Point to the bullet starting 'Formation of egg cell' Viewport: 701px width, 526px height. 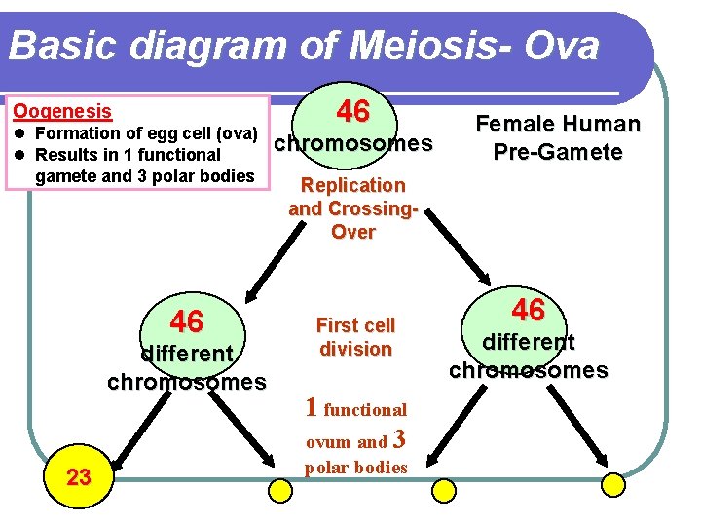coord(144,133)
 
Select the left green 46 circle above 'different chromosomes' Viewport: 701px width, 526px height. coord(186,321)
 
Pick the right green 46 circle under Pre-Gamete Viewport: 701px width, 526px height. coord(528,311)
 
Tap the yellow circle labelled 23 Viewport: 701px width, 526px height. coord(78,476)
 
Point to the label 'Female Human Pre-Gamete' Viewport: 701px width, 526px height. coord(557,137)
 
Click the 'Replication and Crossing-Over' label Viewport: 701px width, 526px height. coord(352,207)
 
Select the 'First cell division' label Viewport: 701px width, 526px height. coord(355,336)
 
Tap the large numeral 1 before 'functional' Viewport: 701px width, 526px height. coord(311,407)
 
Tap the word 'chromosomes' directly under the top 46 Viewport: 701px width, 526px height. coord(352,144)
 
